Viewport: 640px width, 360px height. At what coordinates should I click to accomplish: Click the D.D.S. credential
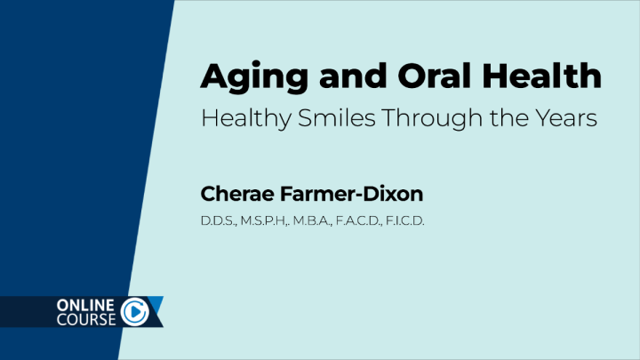217,219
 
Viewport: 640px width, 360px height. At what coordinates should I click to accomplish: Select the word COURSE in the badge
85,320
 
